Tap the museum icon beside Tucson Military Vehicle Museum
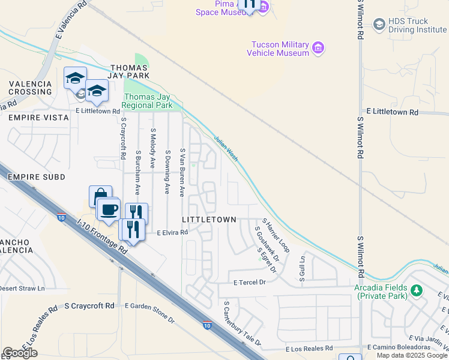coord(319,48)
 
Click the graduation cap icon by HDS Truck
coord(379,24)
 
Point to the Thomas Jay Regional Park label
coord(147,101)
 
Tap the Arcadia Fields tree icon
coord(415,291)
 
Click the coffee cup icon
coord(109,209)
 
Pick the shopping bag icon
coord(100,195)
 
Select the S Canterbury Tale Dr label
coord(242,323)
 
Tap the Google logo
coord(20,353)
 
